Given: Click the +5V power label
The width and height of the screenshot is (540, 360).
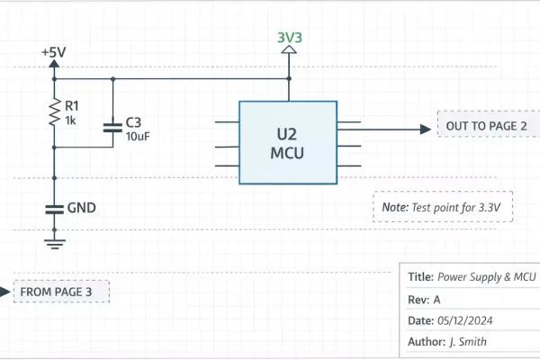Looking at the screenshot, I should pos(54,53).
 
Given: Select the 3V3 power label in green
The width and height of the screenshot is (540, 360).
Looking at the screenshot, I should pos(289,38).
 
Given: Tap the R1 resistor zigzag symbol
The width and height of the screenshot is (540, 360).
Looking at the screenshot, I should pos(54,113).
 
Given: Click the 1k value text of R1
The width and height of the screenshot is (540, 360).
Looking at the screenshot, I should pos(71,121).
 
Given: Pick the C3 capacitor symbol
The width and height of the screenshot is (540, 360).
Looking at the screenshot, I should pos(112,128).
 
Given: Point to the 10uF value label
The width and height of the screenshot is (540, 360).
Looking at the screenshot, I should pos(138,137).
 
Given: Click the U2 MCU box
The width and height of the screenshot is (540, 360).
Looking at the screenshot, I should pos(288,142).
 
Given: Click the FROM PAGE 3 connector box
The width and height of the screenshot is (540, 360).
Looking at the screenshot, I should pos(62,292).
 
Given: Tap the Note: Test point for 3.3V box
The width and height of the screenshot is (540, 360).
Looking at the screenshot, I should pos(442,207).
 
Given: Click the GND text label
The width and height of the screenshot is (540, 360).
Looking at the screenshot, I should pos(82,208).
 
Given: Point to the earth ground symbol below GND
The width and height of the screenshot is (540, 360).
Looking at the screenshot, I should pos(54,239).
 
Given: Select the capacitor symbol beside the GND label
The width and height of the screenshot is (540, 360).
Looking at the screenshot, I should pos(54,208).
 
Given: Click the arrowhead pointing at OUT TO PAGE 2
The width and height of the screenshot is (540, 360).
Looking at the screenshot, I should pos(425,129).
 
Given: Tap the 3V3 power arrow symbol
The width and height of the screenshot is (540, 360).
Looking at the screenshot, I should pos(289,52).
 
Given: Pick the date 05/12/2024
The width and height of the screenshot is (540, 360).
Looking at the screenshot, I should pos(464,320).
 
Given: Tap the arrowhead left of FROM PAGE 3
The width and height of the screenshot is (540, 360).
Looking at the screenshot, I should pos(5,292).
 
